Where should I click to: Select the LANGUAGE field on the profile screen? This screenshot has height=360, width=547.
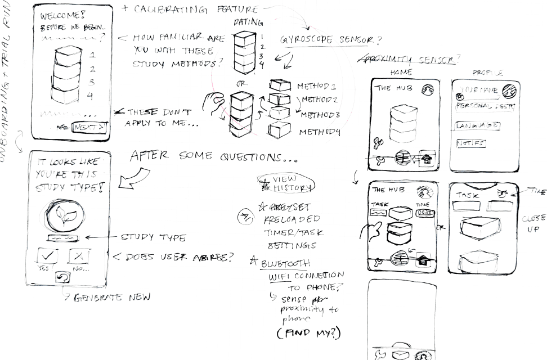[477, 125]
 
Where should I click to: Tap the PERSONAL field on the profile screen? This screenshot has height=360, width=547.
[485, 106]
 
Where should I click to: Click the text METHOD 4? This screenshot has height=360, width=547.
[320, 132]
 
